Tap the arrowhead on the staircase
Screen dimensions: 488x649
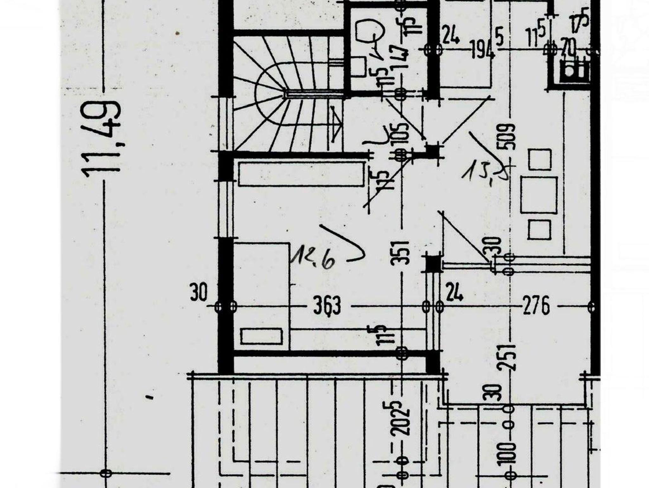click(337, 124)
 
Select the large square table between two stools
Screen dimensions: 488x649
click(539, 195)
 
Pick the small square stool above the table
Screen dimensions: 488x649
click(539, 160)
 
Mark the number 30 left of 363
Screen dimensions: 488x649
click(199, 293)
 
